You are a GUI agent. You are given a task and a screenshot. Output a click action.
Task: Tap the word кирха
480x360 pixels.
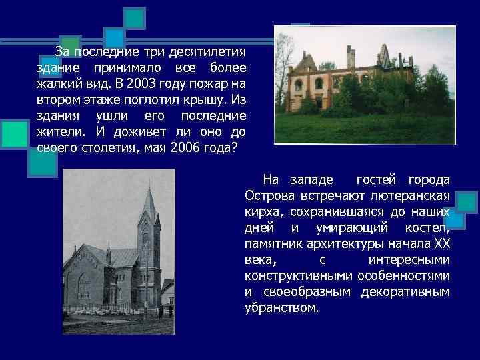[263, 212]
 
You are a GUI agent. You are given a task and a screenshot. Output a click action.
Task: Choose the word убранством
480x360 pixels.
[281, 308]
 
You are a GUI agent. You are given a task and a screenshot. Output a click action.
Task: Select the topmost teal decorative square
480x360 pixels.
[136, 17]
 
